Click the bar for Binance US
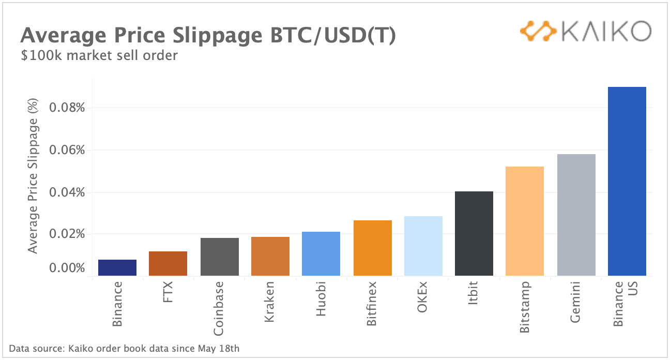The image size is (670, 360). click(x=627, y=181)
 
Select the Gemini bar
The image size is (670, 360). click(x=576, y=215)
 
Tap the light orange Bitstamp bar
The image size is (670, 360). click(x=525, y=221)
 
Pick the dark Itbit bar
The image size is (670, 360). click(x=474, y=233)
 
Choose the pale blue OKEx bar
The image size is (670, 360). click(x=423, y=246)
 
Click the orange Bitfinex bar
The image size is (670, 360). click(x=373, y=248)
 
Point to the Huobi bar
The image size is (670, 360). click(x=321, y=253)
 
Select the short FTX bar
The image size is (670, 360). click(x=168, y=263)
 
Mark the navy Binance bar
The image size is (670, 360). click(x=117, y=267)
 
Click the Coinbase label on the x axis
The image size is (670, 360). click(x=219, y=308)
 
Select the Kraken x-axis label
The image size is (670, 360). click(x=269, y=302)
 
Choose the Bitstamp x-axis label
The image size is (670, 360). click(x=525, y=307)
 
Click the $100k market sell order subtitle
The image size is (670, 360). click(x=99, y=55)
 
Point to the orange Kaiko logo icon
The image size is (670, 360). click(x=538, y=32)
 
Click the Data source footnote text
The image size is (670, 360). click(x=124, y=348)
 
